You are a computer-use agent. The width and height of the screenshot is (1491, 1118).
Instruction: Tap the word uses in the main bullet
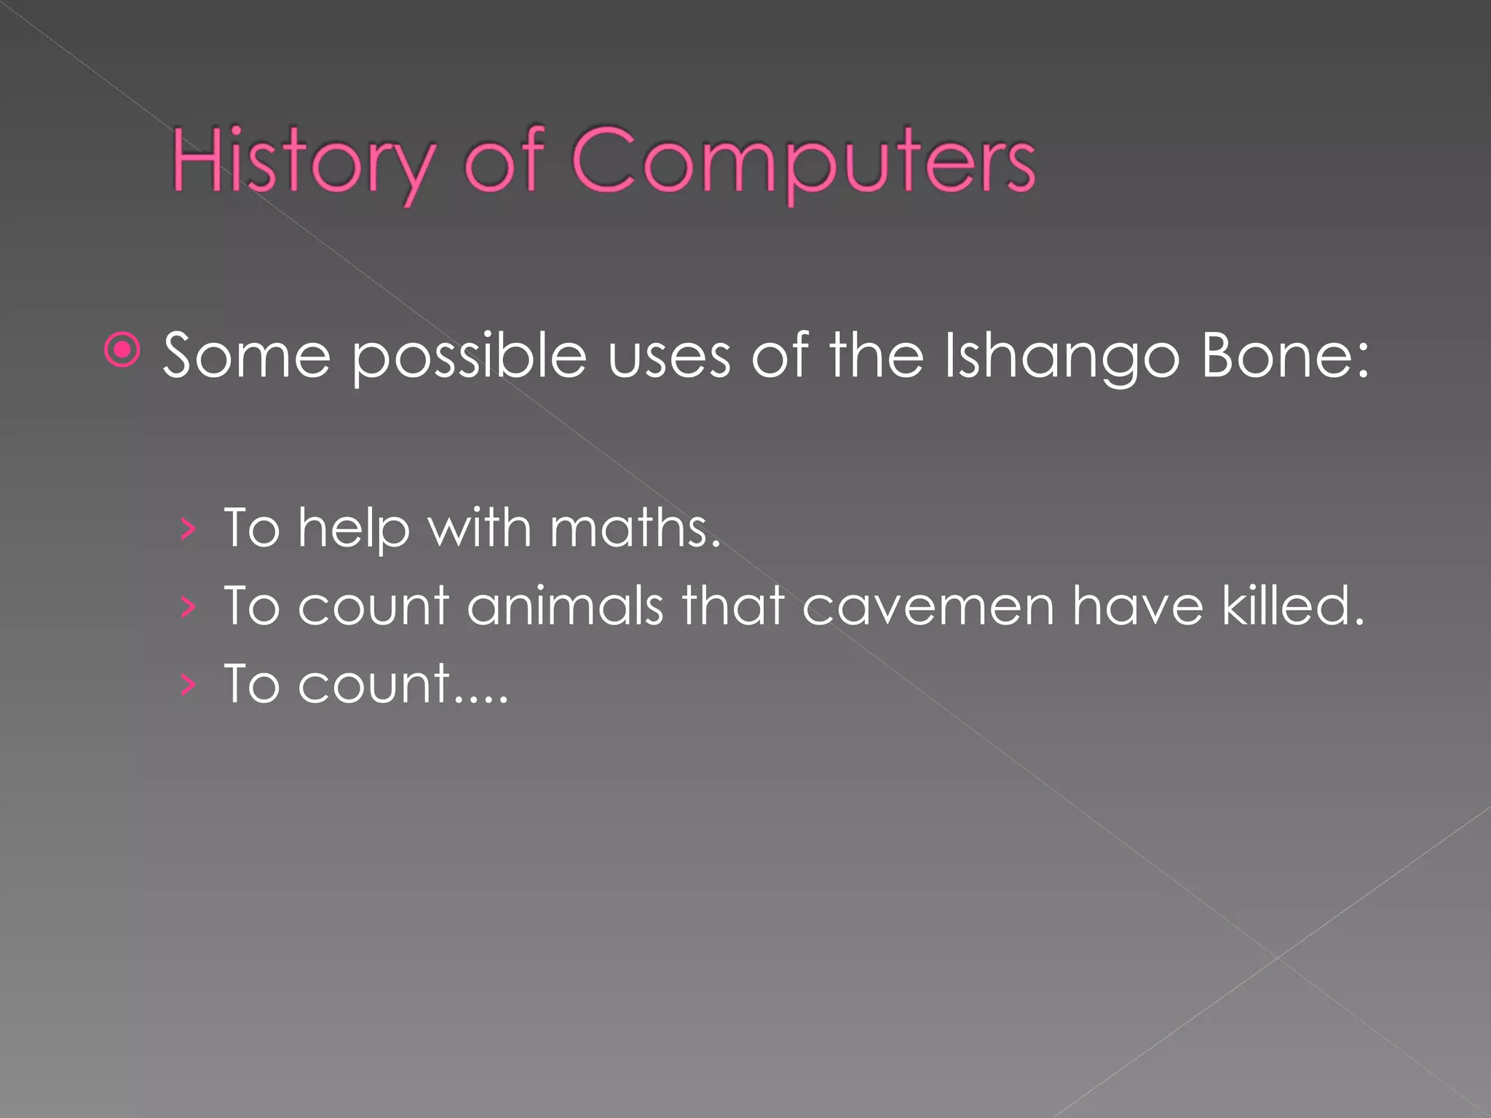click(669, 357)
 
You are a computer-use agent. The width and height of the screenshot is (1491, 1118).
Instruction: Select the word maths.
click(635, 528)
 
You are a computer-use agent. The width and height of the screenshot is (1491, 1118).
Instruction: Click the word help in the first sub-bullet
click(354, 529)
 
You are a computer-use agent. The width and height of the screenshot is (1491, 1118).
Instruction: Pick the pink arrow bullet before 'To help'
click(188, 529)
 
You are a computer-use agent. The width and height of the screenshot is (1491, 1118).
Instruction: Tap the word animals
click(565, 606)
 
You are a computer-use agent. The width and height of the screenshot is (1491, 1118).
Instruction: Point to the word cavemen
click(928, 607)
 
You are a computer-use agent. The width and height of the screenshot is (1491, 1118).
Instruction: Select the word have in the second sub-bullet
click(1137, 606)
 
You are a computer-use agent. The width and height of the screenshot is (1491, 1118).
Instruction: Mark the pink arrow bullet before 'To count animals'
click(188, 607)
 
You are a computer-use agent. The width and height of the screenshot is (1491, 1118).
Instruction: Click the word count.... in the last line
click(402, 685)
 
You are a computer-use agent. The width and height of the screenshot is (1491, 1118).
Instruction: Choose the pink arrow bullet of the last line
click(188, 685)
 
